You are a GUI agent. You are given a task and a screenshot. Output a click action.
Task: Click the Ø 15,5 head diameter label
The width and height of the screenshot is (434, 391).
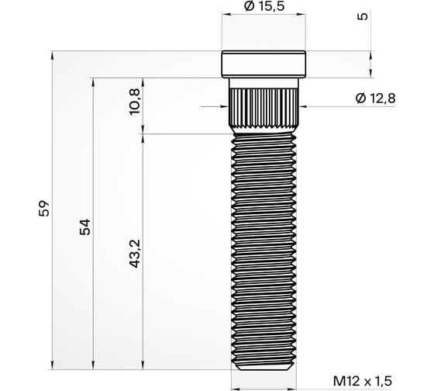[263, 7]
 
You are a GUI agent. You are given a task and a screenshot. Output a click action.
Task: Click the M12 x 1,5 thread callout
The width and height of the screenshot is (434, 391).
[363, 381]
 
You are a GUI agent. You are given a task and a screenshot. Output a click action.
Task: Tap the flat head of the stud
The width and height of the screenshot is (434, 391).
[263, 64]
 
